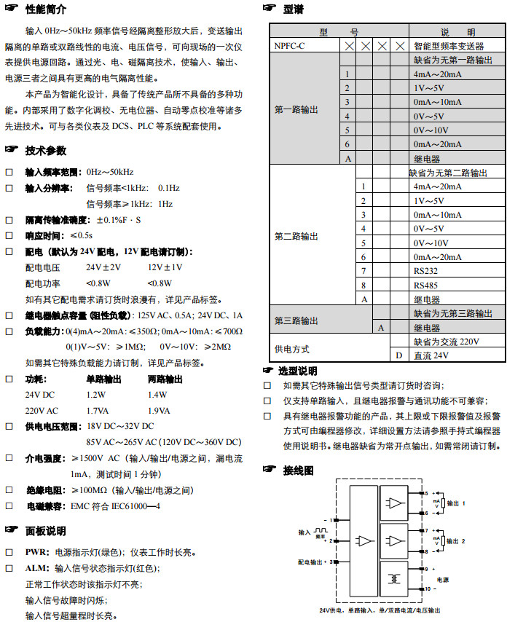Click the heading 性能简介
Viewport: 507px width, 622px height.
pos(45,9)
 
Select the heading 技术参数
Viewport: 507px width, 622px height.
pos(45,151)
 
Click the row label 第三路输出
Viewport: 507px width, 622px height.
pos(296,320)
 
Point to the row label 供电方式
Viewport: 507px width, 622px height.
pos(292,349)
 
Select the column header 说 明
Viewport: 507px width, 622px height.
pos(457,32)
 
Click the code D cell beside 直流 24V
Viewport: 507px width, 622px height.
pos(398,355)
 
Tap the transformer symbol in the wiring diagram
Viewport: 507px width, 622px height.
pos(396,579)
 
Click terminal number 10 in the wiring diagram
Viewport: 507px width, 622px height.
pos(428,588)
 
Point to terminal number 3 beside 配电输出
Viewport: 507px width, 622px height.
pos(332,562)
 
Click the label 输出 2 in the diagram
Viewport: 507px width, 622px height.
pos(456,541)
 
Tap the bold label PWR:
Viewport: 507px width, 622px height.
pos(37,552)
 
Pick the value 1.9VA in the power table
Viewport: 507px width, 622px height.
pos(160,410)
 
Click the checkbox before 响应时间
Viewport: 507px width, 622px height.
pos(9,235)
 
